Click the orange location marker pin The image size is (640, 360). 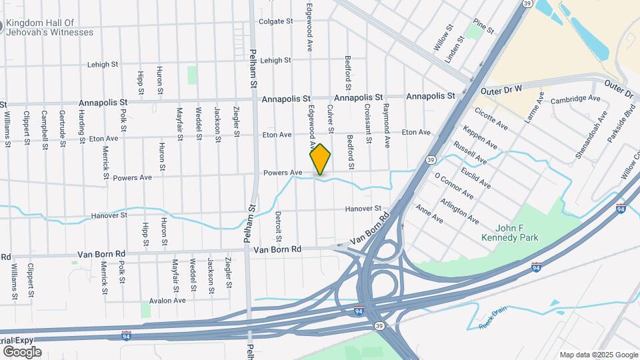320,159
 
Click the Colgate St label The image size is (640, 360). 276,21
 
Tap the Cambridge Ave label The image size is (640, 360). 576,99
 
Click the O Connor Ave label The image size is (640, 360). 453,187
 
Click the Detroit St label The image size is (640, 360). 278,227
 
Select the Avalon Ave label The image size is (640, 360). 167,301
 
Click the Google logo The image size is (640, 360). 22,351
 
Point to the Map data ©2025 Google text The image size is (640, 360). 599,355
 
